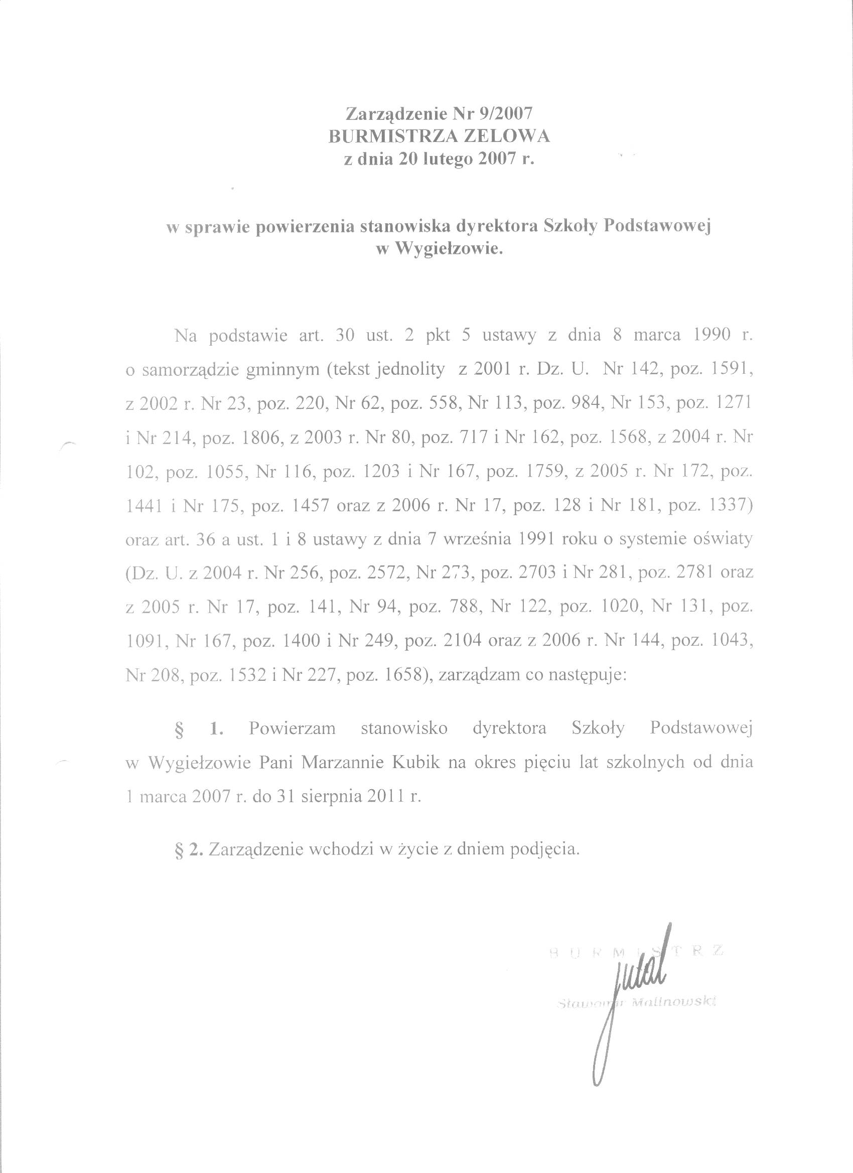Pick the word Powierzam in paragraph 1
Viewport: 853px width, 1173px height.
(292, 728)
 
